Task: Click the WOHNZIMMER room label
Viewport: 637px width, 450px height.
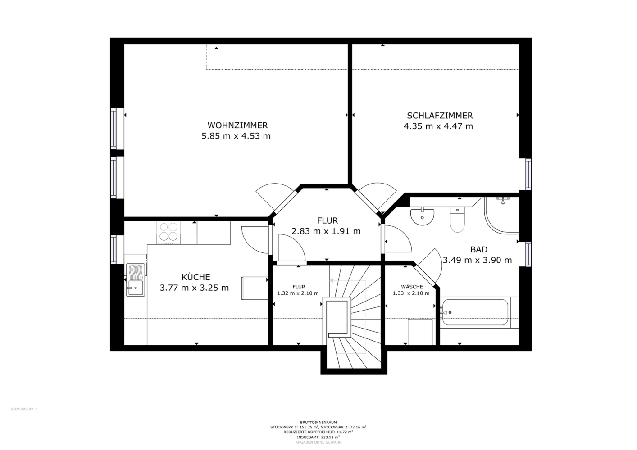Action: (x=237, y=125)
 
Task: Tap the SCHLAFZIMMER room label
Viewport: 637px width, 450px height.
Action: (x=440, y=116)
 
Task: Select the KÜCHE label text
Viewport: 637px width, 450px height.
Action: (x=196, y=277)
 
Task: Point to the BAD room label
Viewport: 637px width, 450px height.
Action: (x=479, y=249)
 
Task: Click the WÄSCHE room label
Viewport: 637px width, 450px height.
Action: (x=412, y=287)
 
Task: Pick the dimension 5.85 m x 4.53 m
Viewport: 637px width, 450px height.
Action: (x=236, y=136)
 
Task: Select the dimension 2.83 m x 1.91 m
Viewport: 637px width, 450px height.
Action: (x=326, y=231)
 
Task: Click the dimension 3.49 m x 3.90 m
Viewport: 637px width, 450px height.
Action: (x=477, y=260)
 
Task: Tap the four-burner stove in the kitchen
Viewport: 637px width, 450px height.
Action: (x=168, y=233)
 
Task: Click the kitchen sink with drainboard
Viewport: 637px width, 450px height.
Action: (x=136, y=280)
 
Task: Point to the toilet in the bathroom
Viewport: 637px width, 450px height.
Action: (x=457, y=220)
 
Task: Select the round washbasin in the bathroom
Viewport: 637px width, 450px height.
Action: (x=422, y=217)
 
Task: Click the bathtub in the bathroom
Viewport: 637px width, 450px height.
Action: (x=474, y=312)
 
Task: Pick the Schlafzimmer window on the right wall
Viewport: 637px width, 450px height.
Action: (x=525, y=174)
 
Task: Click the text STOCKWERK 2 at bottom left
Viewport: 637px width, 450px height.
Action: (x=24, y=409)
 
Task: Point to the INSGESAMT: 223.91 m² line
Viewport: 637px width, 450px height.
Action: (x=318, y=437)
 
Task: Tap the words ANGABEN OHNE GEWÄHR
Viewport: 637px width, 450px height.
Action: (x=318, y=442)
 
